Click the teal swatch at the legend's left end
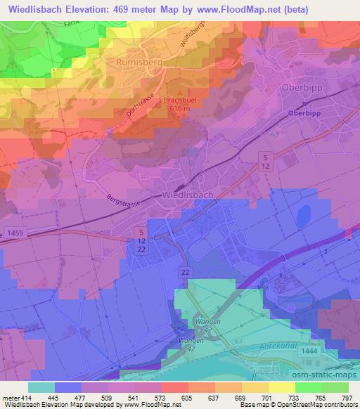(x=41, y=387)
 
